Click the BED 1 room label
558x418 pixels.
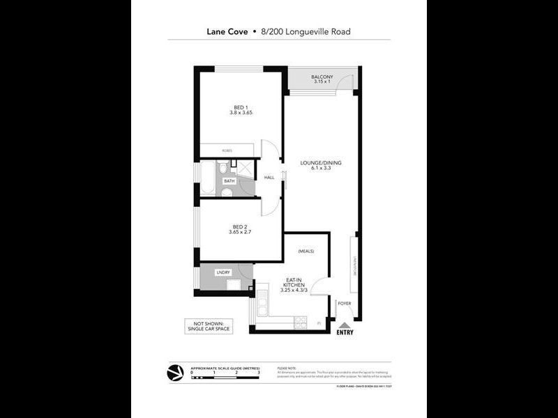[x=239, y=107]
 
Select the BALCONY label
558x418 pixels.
[x=322, y=77]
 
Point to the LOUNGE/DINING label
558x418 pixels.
[x=321, y=163]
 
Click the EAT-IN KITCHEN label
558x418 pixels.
[x=293, y=284]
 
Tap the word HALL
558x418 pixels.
[x=269, y=178]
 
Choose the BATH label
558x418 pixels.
[x=229, y=181]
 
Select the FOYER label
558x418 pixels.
[x=344, y=303]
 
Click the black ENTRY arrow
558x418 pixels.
[x=344, y=325]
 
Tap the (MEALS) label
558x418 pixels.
[x=306, y=251]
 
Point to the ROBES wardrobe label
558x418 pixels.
[x=227, y=150]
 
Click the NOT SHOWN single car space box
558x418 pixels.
[x=207, y=325]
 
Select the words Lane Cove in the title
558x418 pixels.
[x=227, y=31]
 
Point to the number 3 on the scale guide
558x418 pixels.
[x=259, y=373]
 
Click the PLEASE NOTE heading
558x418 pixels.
[x=287, y=368]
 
